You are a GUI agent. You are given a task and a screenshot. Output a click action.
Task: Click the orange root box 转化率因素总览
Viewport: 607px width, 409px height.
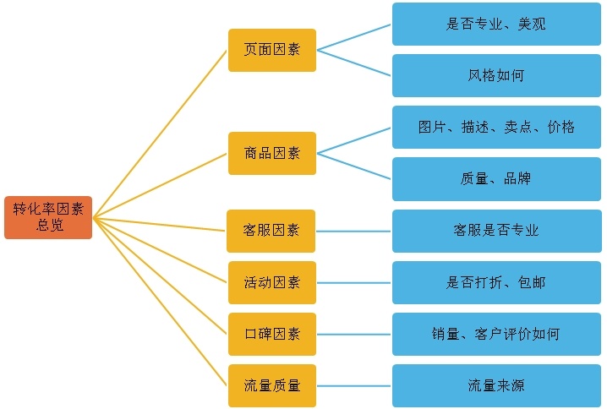click(x=48, y=217)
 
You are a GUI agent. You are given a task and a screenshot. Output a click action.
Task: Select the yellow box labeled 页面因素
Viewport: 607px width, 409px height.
click(x=271, y=50)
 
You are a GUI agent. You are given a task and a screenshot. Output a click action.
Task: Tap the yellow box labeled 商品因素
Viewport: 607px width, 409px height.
click(x=271, y=153)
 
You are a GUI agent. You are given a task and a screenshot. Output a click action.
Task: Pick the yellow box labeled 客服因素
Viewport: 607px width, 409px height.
click(x=271, y=231)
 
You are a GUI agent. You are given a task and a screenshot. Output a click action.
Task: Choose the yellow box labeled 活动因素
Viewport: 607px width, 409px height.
click(x=271, y=282)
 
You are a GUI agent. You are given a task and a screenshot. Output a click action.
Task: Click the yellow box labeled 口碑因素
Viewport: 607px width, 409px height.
click(x=271, y=334)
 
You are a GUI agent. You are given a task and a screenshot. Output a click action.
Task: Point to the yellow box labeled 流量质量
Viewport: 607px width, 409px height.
click(x=271, y=385)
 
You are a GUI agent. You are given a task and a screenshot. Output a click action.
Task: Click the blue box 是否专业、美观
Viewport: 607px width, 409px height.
click(x=496, y=24)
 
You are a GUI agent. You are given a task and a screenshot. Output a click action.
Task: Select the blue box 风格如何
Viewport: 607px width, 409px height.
click(x=496, y=75)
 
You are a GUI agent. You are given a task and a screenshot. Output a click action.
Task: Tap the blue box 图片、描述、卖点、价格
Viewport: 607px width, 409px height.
click(x=496, y=127)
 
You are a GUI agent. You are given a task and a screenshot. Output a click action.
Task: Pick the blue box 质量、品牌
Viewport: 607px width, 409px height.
click(x=496, y=179)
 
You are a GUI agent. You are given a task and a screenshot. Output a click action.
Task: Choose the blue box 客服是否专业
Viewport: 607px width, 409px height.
click(x=496, y=231)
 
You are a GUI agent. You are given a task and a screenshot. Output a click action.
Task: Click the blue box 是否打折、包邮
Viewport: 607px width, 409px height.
click(x=496, y=282)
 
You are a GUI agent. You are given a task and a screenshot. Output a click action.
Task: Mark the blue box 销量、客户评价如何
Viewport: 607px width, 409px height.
click(x=496, y=334)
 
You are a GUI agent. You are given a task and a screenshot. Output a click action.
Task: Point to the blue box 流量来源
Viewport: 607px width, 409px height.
click(x=496, y=385)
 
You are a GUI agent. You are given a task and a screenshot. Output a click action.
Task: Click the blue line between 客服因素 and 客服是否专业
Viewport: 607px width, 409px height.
click(x=353, y=231)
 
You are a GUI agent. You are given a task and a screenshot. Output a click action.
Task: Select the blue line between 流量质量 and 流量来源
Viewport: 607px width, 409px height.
click(x=353, y=385)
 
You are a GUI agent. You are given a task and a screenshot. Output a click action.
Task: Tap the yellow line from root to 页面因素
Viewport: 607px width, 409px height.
click(x=161, y=134)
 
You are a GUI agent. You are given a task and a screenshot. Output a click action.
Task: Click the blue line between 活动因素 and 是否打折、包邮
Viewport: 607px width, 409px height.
click(x=353, y=282)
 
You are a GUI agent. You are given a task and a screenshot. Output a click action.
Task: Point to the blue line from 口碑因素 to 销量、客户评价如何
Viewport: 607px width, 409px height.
click(x=353, y=334)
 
